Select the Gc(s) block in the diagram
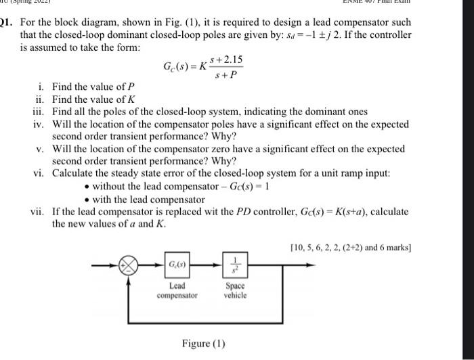(177, 264)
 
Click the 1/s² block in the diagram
(234, 264)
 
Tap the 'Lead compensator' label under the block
(177, 290)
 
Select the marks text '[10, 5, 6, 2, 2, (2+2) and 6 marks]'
(349, 247)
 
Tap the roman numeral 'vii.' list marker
(39, 211)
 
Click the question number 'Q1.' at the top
(7, 32)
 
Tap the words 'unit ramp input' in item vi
(343, 174)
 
